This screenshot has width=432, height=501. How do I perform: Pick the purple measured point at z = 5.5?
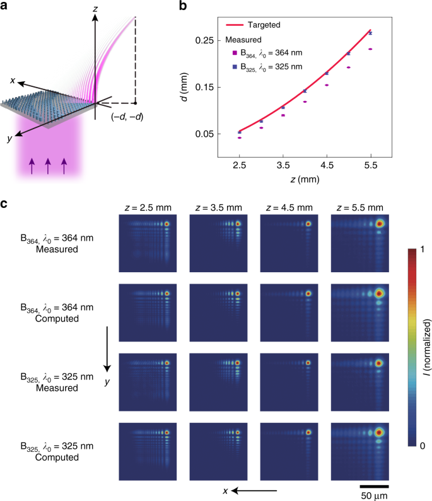coord(370,49)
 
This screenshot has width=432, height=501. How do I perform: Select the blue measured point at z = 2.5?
coord(239,132)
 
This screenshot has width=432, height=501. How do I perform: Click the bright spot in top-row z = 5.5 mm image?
coord(380,224)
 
